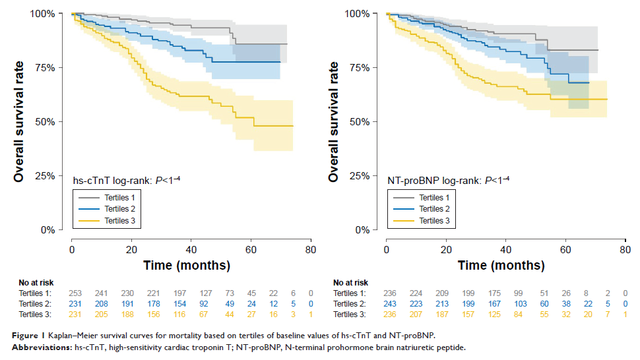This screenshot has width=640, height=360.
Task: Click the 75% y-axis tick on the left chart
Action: tap(51, 67)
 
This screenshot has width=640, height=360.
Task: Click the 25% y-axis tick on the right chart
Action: tap(366, 175)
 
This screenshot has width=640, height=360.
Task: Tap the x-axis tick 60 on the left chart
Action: tap(251, 250)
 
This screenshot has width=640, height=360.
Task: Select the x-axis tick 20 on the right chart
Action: tap(446, 250)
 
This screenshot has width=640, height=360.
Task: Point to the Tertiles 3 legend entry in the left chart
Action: tap(119, 222)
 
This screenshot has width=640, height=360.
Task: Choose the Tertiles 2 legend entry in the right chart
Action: tap(433, 210)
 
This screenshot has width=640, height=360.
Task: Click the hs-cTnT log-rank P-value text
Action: tap(127, 179)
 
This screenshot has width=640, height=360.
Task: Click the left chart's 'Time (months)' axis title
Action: tap(187, 266)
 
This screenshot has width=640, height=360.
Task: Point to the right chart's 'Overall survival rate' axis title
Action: tap(334, 122)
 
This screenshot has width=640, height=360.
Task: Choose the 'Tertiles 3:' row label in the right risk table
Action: tap(351, 315)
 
